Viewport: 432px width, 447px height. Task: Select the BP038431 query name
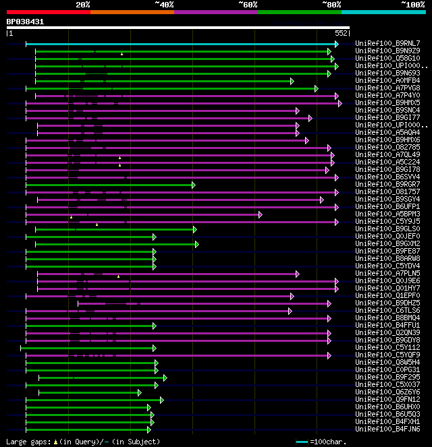(x=26, y=22)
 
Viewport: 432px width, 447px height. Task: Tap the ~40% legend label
(x=164, y=4)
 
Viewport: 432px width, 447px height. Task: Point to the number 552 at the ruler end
(x=341, y=32)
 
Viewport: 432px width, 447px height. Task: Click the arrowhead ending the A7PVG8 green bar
(x=316, y=88)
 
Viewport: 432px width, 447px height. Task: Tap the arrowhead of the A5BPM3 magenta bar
(x=260, y=214)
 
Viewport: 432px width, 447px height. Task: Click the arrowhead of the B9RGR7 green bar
(x=193, y=185)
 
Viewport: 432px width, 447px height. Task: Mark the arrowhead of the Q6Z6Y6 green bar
(x=140, y=392)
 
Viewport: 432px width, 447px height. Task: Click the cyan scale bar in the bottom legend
(x=302, y=442)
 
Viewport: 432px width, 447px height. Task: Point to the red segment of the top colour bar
(x=48, y=11)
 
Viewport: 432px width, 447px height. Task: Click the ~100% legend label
(x=412, y=4)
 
